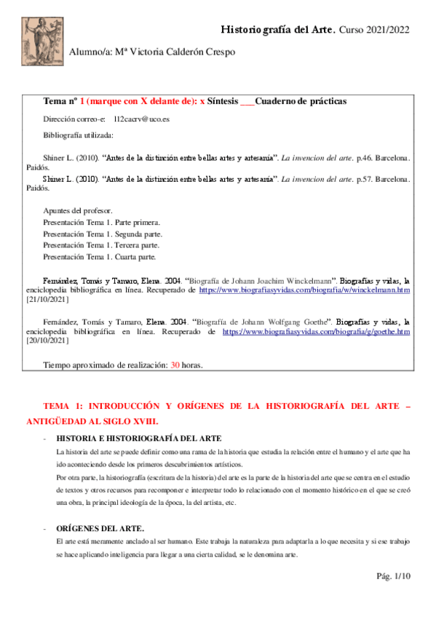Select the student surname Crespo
point(218,52)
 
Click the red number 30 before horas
point(175,365)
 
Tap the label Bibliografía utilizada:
point(77,135)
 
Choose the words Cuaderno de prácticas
point(301,101)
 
